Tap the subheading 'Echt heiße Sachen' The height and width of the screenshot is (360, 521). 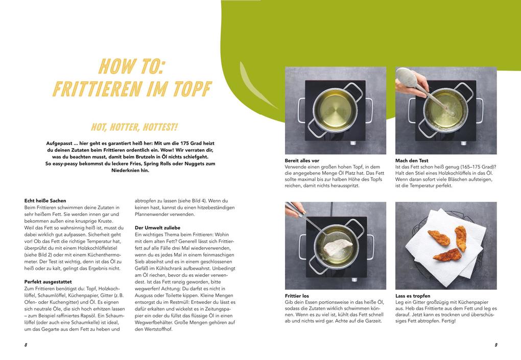[45, 201]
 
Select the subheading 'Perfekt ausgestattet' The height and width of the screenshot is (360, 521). [48, 281]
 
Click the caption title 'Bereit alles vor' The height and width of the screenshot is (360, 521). [302, 160]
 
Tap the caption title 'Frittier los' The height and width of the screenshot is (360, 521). [297, 296]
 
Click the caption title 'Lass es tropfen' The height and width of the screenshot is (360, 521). [413, 296]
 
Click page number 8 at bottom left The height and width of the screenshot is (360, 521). [26, 345]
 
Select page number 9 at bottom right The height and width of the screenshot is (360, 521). [495, 345]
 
